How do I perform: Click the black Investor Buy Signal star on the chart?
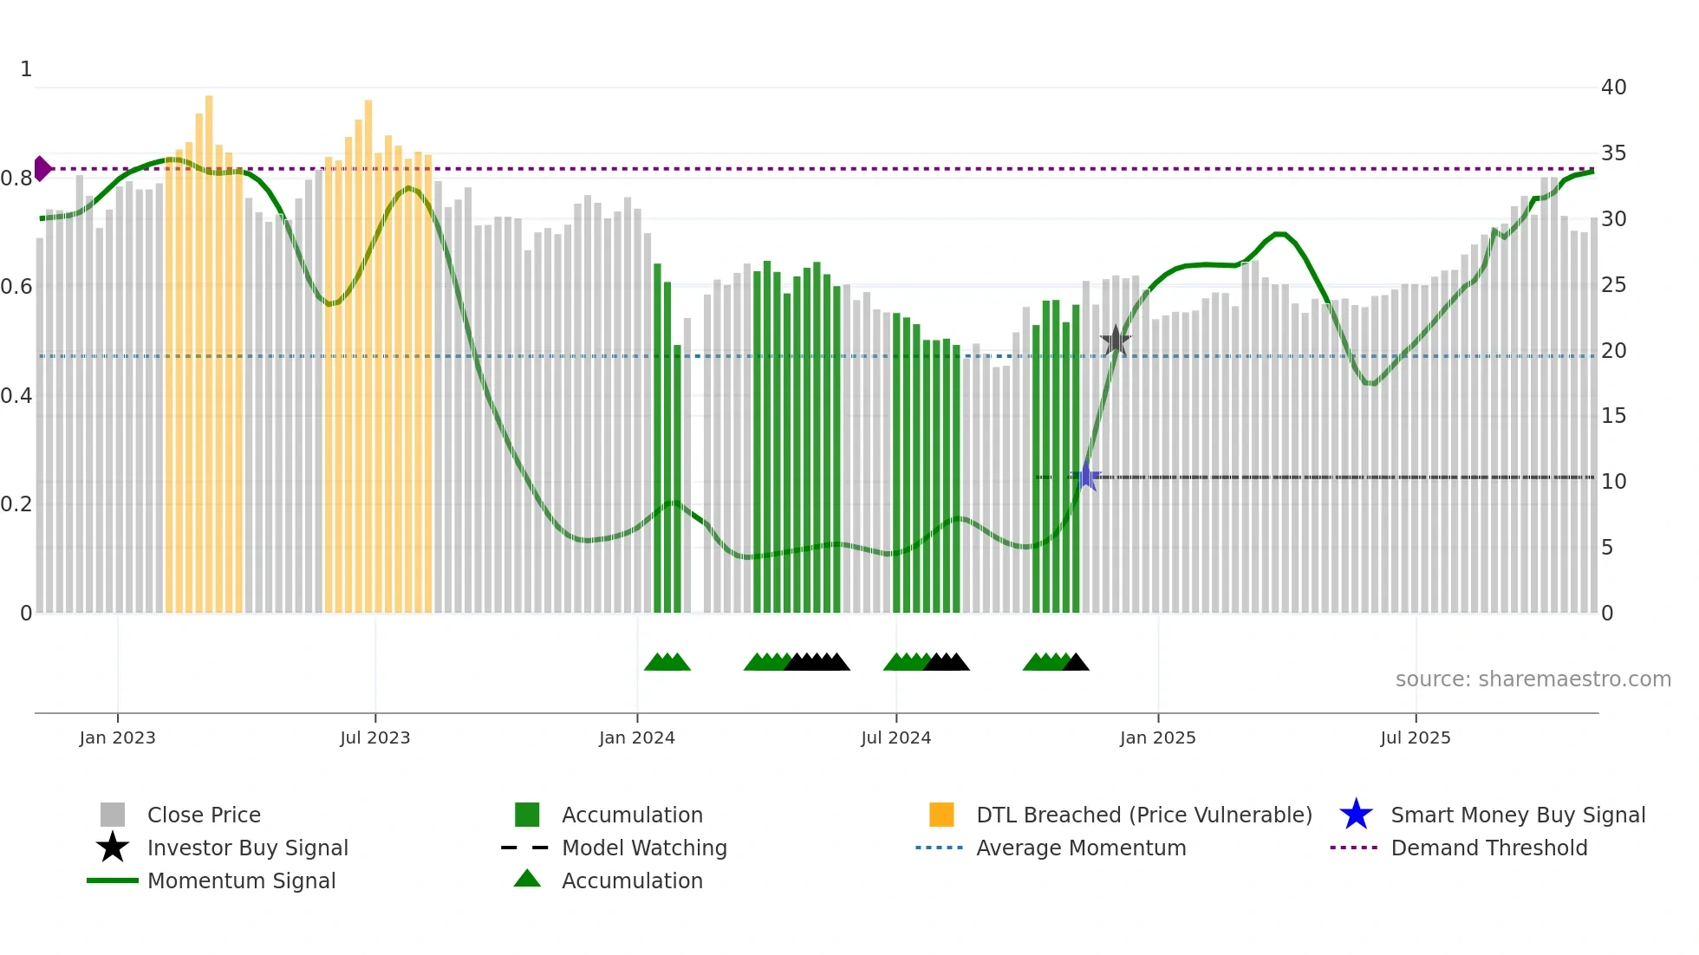coord(1115,341)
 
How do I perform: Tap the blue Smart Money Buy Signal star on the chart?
coord(1086,477)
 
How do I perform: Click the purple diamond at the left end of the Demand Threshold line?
coord(42,169)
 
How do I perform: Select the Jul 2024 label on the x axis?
coord(895,737)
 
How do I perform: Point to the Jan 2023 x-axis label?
coord(117,737)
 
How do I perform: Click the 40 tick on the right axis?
coord(1613,88)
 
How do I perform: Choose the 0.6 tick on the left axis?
coord(16,287)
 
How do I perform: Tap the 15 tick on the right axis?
coord(1613,416)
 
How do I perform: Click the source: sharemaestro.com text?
coord(1533,679)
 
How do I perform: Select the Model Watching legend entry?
coord(644,848)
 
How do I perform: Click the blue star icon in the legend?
coord(1356,815)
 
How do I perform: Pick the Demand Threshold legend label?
coord(1488,848)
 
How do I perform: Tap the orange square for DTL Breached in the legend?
coord(941,815)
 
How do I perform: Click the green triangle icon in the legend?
coord(527,880)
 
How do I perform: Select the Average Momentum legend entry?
coord(1080,848)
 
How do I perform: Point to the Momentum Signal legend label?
coord(241,880)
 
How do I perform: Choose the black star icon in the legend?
coord(113,848)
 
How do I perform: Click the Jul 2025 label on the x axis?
coord(1415,737)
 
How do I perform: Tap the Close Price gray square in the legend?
coord(113,815)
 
